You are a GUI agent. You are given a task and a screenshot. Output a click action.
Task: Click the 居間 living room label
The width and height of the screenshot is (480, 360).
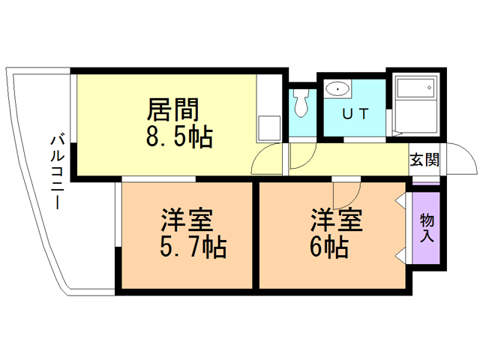173,109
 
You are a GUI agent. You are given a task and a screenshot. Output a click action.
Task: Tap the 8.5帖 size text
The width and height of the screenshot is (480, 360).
179,136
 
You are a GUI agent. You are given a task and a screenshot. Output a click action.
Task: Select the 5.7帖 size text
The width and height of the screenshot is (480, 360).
193,247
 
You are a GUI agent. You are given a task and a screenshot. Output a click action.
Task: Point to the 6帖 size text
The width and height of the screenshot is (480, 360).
329,247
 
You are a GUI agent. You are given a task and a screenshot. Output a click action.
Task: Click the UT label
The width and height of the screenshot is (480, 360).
355,114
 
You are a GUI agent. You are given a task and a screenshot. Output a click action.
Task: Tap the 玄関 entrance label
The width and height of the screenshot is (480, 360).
424,160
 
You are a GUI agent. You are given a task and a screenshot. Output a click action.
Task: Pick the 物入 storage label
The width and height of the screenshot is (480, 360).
427,228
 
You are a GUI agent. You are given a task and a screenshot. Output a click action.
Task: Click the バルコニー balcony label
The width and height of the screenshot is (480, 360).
57,172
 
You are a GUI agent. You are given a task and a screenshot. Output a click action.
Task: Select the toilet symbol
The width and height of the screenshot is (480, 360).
301,103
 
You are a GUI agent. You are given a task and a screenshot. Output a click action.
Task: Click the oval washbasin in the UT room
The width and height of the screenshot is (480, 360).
337,89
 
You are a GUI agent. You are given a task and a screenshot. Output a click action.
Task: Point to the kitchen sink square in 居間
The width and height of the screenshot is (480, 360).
269,128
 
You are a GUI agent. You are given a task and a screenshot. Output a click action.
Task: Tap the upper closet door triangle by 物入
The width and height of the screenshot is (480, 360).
400,201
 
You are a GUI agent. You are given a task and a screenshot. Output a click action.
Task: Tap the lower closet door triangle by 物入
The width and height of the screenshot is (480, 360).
400,255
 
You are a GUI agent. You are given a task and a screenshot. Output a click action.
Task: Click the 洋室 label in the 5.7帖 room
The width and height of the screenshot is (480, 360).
187,220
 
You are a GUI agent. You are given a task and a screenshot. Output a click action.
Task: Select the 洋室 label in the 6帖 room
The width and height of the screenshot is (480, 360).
337,220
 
